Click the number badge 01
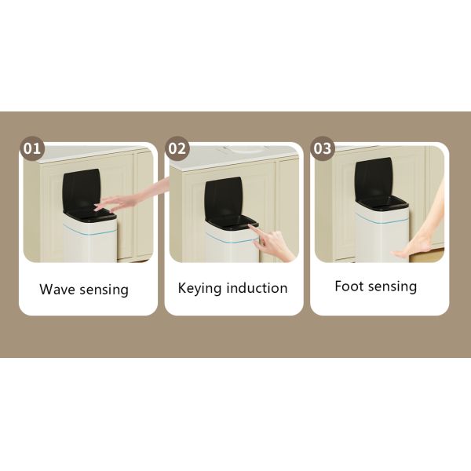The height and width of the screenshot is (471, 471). point(32,148)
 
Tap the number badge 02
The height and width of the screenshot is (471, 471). point(177,148)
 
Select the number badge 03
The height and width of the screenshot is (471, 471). point(323,148)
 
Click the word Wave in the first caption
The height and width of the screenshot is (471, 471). point(57,289)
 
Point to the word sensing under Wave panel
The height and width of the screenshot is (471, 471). point(104,290)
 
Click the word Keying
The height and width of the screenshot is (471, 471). point(200,289)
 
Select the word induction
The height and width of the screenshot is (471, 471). point(257,288)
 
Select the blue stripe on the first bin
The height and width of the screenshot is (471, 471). point(89,230)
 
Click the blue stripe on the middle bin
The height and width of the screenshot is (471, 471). point(232,238)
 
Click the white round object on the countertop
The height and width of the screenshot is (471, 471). point(245,149)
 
